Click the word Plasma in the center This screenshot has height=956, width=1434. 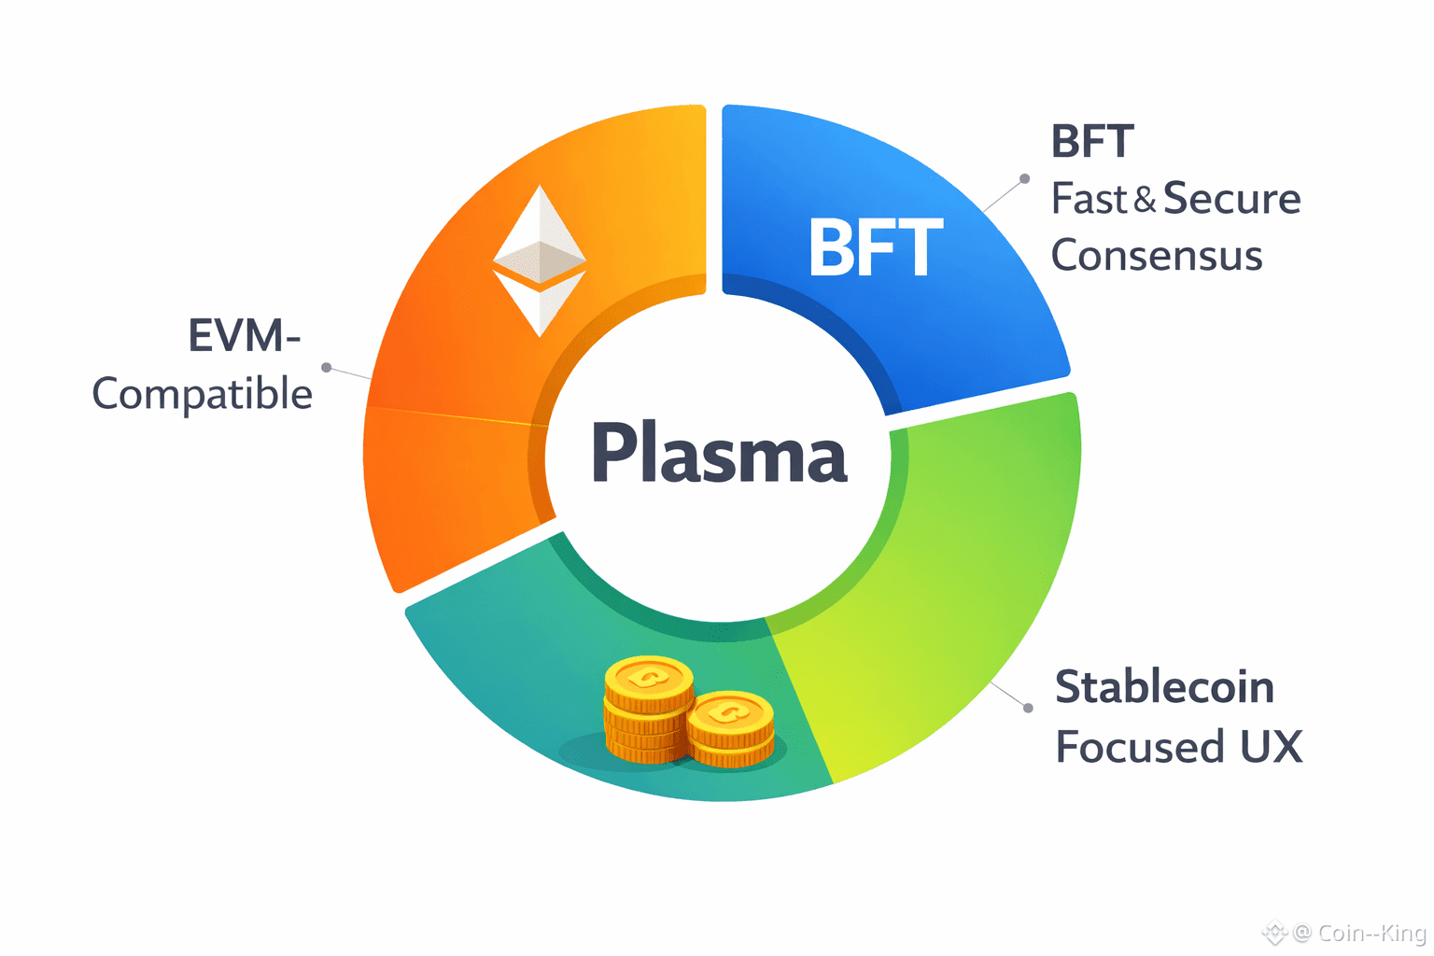click(x=719, y=454)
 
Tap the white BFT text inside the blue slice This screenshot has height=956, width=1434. click(x=875, y=248)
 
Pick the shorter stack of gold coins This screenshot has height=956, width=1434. click(x=730, y=730)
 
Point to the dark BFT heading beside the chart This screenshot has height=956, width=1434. click(x=1092, y=142)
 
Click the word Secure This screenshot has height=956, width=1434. click(x=1231, y=199)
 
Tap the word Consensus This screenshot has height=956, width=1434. click(x=1157, y=256)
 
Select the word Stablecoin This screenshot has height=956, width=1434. click(x=1164, y=688)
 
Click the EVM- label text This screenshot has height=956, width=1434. click(x=244, y=336)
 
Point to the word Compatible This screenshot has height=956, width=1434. click(x=202, y=394)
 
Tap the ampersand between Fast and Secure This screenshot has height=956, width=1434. click(x=1145, y=200)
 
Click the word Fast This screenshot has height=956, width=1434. click(x=1090, y=199)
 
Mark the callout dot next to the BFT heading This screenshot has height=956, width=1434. click(x=1024, y=178)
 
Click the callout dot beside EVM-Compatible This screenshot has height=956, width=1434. click(x=326, y=368)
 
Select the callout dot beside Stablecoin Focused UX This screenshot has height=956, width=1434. click(x=1028, y=708)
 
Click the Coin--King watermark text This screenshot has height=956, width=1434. click(x=1371, y=933)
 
